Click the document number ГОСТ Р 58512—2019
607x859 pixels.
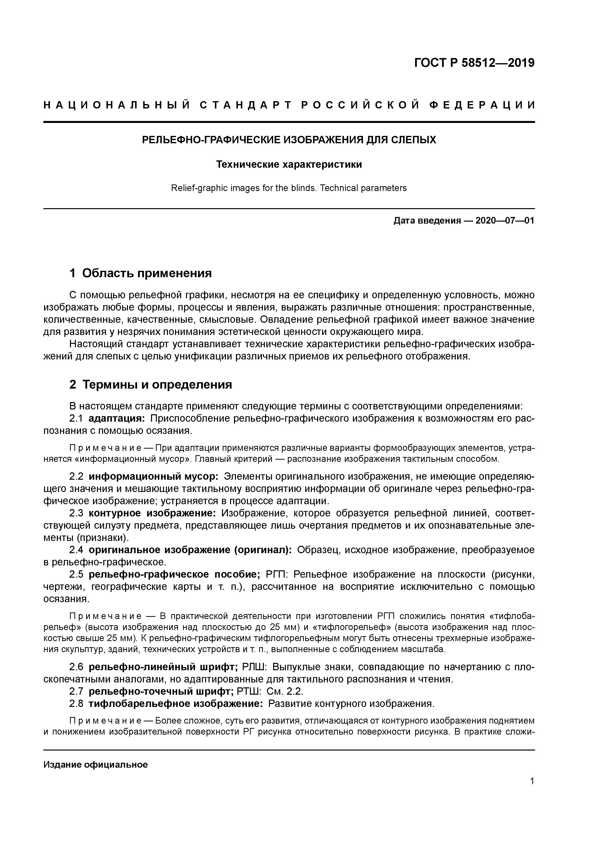point(474,63)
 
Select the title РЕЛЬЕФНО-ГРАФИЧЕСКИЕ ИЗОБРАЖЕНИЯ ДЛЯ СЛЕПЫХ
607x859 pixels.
point(289,140)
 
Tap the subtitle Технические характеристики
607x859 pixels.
point(289,164)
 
